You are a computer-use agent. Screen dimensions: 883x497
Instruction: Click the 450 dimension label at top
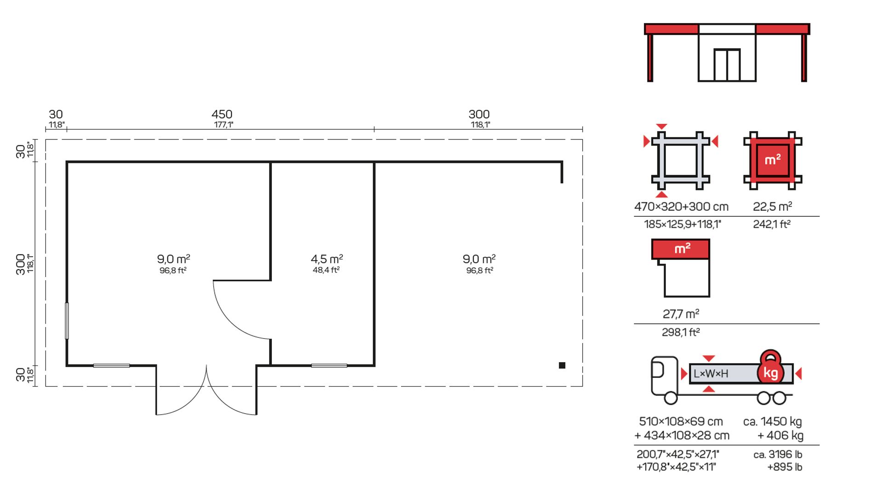222,114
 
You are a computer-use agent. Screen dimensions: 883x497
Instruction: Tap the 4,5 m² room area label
327,259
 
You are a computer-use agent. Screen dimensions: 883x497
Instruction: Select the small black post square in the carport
562,365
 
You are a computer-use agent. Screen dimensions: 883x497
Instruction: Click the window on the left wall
67,321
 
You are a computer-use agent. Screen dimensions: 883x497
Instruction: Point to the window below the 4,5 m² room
329,366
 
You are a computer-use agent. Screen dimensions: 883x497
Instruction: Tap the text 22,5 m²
773,207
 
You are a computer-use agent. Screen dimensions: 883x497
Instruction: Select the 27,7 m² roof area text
681,314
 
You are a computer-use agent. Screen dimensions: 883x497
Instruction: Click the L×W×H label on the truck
711,374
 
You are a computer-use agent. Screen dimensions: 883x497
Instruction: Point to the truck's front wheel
671,398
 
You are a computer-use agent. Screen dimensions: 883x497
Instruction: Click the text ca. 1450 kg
773,422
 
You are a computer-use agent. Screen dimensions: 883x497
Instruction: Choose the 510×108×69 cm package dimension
681,422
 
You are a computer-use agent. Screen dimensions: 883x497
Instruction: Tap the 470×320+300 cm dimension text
681,207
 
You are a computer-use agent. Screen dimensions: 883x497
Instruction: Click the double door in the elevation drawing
727,65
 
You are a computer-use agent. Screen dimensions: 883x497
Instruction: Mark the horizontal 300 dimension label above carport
479,114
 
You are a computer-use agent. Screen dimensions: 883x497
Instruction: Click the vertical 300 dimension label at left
21,264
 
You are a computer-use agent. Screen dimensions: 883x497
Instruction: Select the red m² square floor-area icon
773,160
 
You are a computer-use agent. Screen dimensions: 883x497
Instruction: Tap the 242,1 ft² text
772,224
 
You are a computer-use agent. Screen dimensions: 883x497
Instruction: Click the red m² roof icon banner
681,249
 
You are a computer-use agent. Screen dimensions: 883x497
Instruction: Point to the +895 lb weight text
785,467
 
